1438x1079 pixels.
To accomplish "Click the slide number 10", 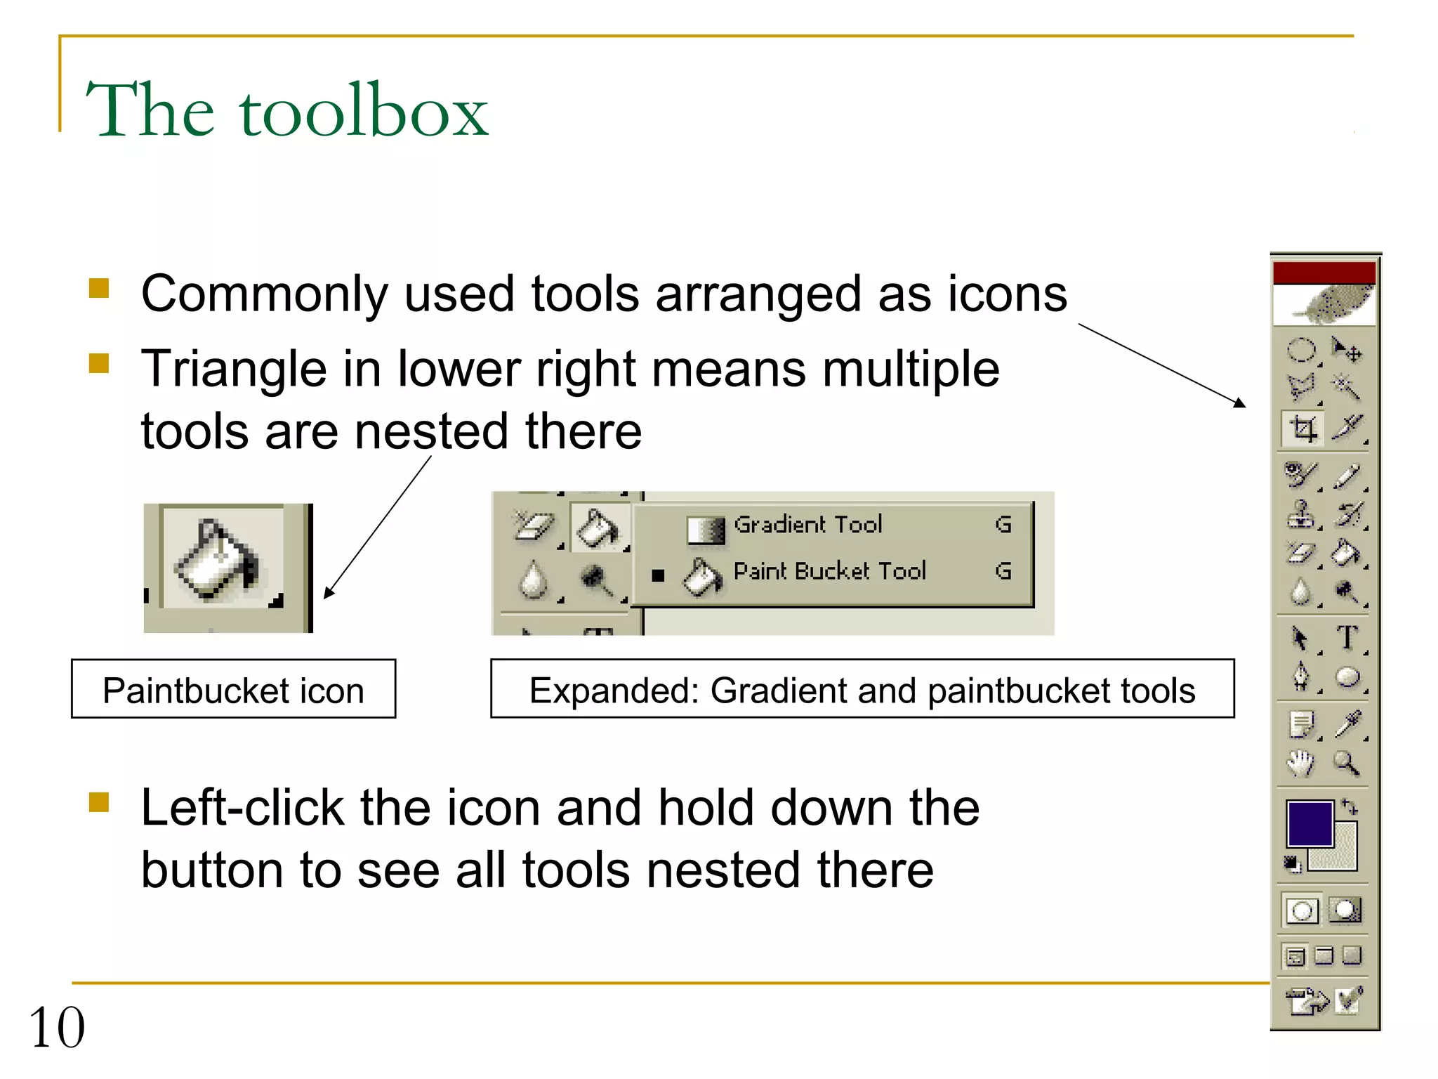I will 57,1027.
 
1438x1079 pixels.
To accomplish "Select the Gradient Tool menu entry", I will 807,525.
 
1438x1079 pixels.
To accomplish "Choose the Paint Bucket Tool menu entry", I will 829,571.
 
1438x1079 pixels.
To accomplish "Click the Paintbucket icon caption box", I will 233,689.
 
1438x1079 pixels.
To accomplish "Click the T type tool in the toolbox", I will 1346,638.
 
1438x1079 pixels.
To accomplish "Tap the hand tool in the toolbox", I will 1300,763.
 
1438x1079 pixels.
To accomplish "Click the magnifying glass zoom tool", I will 1346,762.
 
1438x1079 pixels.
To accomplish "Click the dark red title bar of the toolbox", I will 1324,273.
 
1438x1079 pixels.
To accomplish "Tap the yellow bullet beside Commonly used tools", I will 99,289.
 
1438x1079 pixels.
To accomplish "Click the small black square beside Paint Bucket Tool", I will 658,575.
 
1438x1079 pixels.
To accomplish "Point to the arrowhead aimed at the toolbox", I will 1241,403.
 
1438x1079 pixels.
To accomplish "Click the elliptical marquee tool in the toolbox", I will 1300,350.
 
